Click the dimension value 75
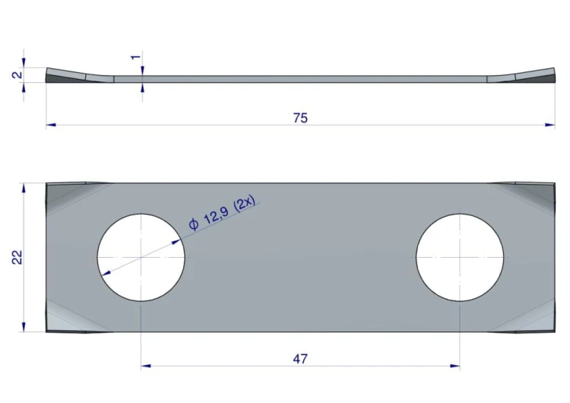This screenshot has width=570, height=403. click(x=300, y=118)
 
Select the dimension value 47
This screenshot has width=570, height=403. click(x=300, y=358)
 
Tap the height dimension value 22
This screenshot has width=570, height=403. click(x=17, y=257)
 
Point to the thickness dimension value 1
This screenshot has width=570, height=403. click(x=135, y=58)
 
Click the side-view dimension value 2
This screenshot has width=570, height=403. click(x=15, y=76)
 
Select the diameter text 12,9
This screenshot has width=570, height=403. click(x=216, y=215)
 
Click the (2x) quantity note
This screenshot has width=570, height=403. click(x=246, y=204)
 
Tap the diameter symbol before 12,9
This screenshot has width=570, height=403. click(x=194, y=224)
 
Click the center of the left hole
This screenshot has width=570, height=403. click(x=141, y=257)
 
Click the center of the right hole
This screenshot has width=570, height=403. click(x=460, y=257)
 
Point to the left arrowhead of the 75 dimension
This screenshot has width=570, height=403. click(x=50, y=125)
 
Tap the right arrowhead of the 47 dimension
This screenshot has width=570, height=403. click(x=455, y=366)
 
